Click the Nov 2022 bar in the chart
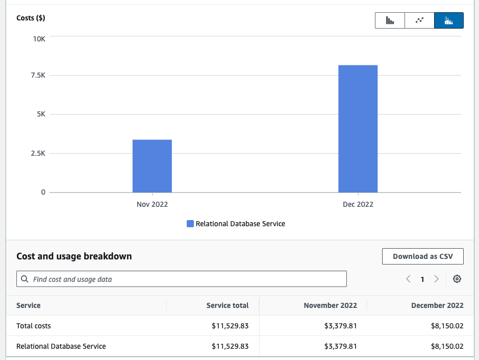[152, 166]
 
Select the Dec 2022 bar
[358, 129]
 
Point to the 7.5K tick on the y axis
[39, 75]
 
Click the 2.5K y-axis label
[39, 153]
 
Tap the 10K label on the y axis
[39, 39]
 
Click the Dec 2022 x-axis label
[358, 204]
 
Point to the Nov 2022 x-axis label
[152, 204]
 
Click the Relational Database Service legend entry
[236, 224]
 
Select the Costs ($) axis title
[31, 18]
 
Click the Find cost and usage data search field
[182, 279]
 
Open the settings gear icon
[457, 279]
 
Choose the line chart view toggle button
[419, 20]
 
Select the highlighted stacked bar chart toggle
[449, 20]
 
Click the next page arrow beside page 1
[436, 279]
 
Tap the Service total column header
[228, 305]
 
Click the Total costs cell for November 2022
[340, 326]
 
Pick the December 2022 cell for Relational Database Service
[447, 346]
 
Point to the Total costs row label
[34, 326]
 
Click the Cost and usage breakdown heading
[74, 256]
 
